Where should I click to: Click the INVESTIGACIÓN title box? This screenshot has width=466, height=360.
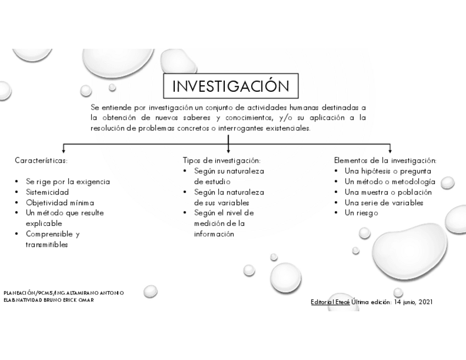pyautogui.click(x=230, y=87)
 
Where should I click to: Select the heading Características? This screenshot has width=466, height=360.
pyautogui.click(x=41, y=161)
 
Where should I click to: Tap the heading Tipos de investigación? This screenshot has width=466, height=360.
pyautogui.click(x=221, y=161)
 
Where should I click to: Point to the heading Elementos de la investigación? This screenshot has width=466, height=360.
pyautogui.click(x=385, y=161)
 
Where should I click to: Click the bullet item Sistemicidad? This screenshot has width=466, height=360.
pyautogui.click(x=47, y=192)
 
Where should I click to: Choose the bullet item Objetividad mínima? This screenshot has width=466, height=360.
pyautogui.click(x=57, y=203)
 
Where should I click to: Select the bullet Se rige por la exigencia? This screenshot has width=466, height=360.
pyautogui.click(x=68, y=182)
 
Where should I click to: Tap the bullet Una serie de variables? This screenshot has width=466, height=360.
pyautogui.click(x=384, y=203)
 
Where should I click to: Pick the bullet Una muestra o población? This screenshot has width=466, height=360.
pyautogui.click(x=388, y=192)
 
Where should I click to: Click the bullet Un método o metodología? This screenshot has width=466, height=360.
pyautogui.click(x=390, y=182)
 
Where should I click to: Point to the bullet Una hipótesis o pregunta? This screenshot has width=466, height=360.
pyautogui.click(x=387, y=171)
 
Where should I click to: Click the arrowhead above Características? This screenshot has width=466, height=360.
pyautogui.click(x=64, y=149)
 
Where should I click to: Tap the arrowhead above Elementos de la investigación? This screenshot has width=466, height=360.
pyautogui.click(x=390, y=149)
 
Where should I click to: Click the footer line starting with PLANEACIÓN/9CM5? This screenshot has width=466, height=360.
pyautogui.click(x=63, y=293)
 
